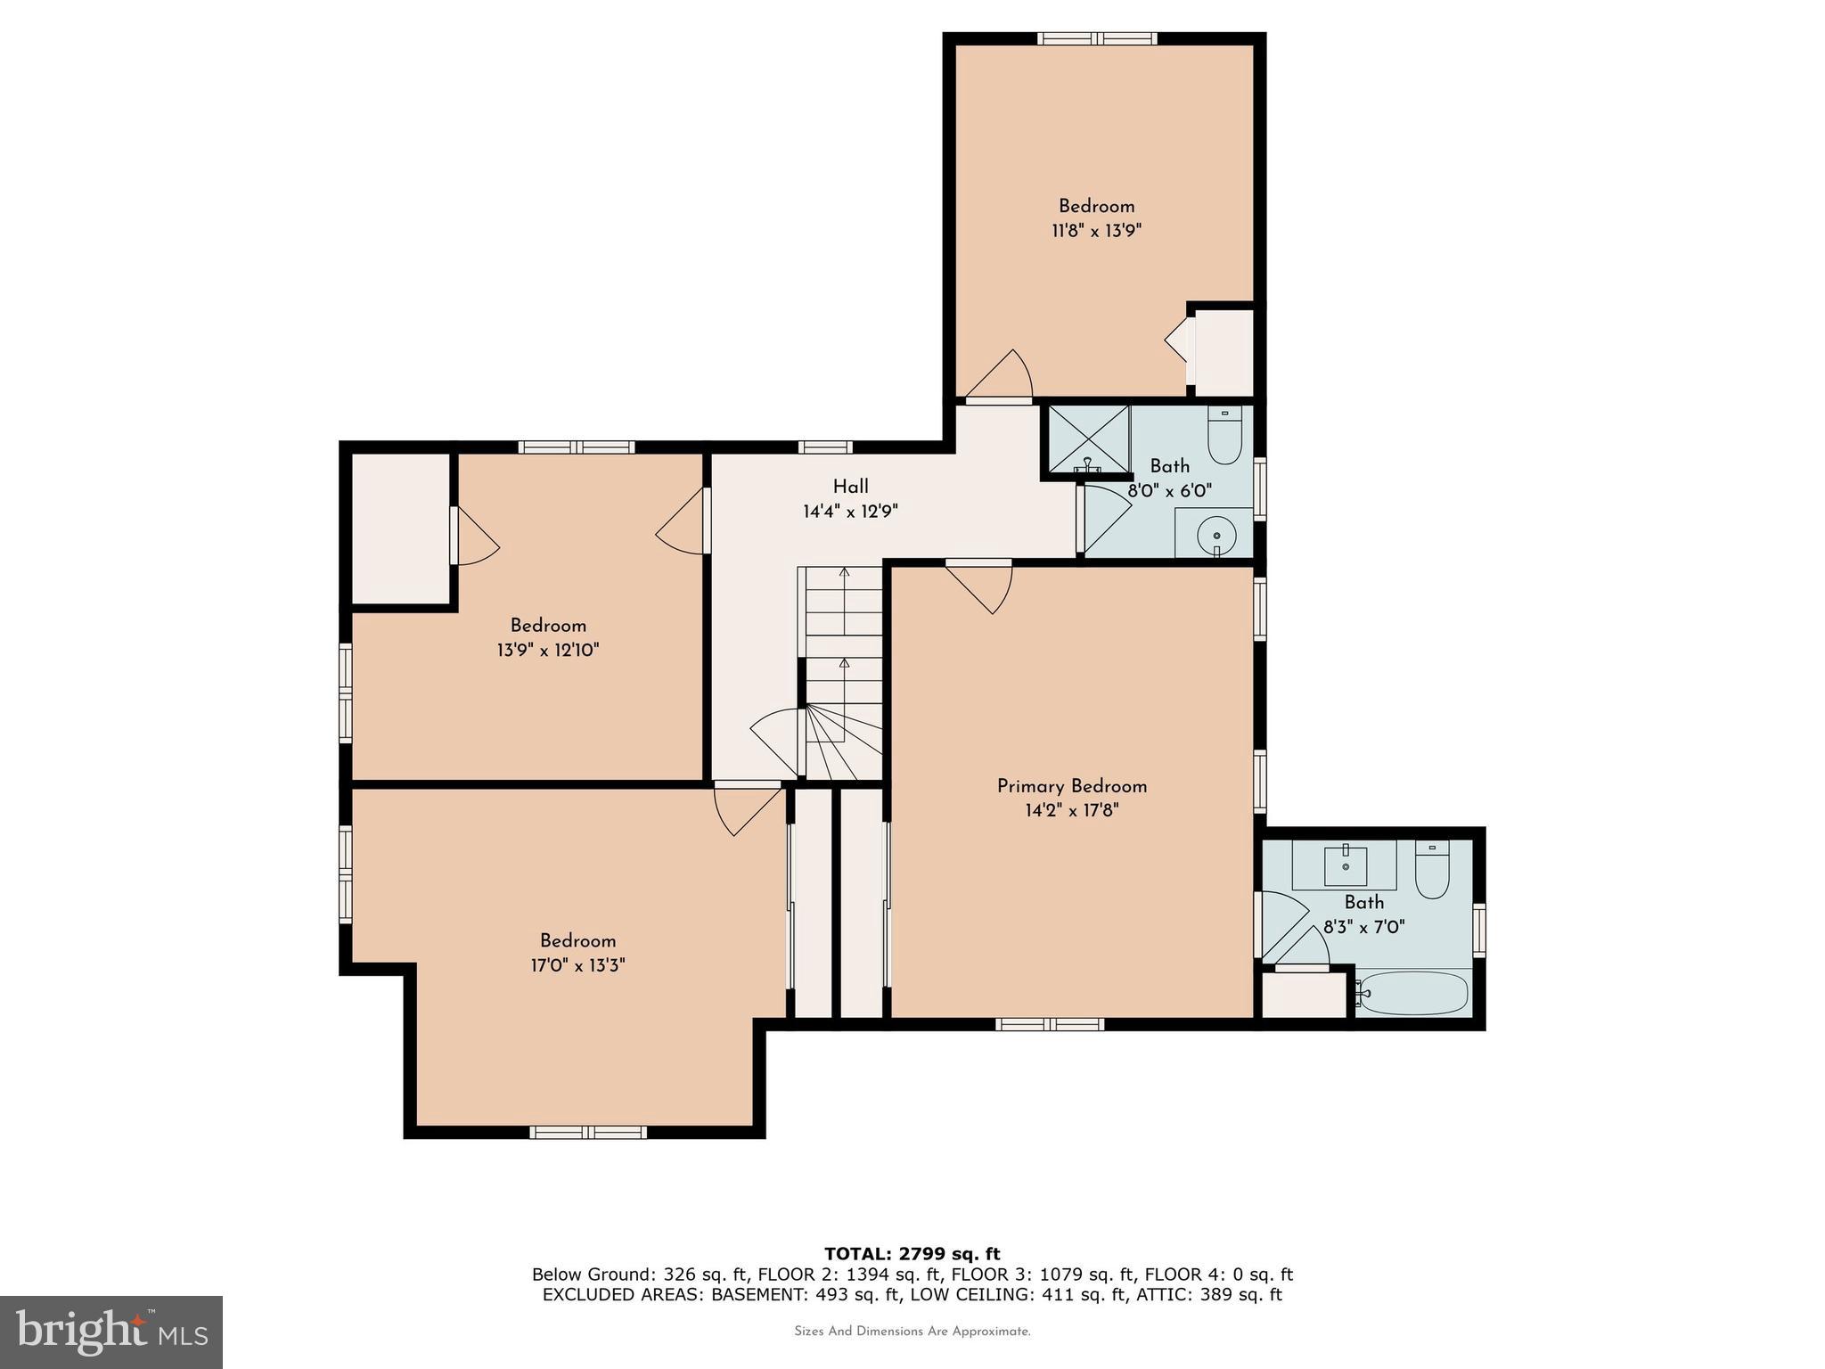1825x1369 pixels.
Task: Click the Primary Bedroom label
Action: click(1071, 786)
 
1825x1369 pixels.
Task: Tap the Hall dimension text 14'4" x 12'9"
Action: click(850, 512)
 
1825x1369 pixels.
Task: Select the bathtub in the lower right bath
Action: click(1414, 993)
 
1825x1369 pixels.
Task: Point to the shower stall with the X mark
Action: click(1087, 439)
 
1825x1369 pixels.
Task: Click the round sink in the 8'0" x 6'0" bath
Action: click(1215, 536)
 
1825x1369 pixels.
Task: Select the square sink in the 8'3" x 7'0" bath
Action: click(1345, 864)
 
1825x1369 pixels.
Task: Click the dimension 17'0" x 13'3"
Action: click(577, 965)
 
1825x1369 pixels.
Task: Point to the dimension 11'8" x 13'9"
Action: click(1096, 231)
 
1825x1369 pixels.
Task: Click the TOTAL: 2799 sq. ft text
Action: click(912, 1254)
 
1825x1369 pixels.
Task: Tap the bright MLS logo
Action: click(111, 1332)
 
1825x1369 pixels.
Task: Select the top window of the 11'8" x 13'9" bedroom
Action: click(1097, 38)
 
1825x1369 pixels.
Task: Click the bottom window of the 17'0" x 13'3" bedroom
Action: click(588, 1132)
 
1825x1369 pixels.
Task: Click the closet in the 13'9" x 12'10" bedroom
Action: click(400, 529)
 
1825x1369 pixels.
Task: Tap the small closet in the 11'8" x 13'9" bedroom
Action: click(1223, 352)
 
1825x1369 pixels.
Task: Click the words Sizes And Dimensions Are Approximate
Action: click(912, 1332)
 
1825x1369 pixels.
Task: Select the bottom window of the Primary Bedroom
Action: click(1050, 1024)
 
